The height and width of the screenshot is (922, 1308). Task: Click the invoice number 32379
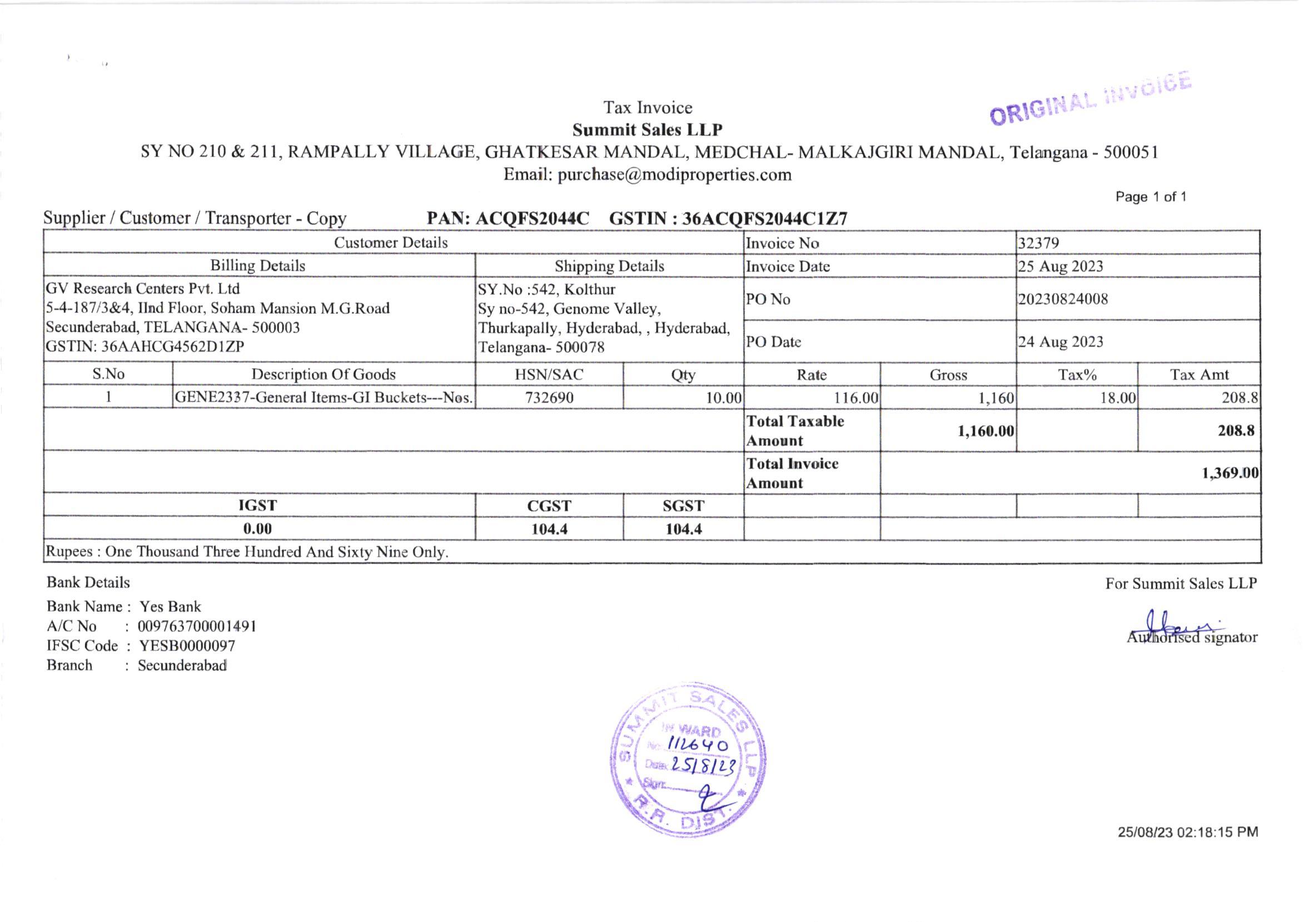click(1038, 244)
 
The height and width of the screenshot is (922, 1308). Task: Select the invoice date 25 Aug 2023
click(1060, 267)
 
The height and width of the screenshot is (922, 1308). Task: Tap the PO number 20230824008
click(1062, 299)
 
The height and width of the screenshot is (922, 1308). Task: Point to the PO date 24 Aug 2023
click(1060, 342)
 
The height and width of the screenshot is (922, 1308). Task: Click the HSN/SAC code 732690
click(549, 398)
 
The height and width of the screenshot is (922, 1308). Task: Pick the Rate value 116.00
click(856, 398)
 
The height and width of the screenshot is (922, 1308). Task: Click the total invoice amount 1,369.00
click(1230, 473)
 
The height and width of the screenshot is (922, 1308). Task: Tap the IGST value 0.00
click(257, 529)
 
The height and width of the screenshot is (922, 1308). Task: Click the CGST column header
click(549, 506)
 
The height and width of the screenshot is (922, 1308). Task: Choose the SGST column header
click(683, 506)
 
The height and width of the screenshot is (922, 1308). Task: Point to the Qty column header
click(683, 375)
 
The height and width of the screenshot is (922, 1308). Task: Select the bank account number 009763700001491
click(197, 627)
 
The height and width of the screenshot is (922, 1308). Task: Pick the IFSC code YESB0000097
click(187, 646)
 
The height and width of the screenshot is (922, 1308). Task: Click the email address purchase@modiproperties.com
click(674, 175)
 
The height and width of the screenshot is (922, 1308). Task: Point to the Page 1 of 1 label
click(1151, 197)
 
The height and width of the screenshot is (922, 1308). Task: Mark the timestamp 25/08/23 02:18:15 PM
click(1187, 832)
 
